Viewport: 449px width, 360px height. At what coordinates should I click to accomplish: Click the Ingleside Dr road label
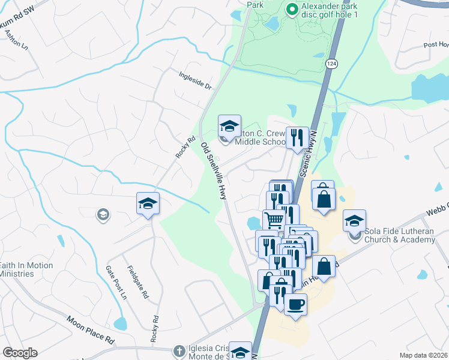tap(196, 80)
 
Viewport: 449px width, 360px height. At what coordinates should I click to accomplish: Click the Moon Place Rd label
tap(90, 330)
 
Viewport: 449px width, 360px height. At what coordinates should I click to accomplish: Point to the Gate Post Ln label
tap(116, 283)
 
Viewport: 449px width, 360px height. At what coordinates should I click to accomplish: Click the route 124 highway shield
tap(331, 63)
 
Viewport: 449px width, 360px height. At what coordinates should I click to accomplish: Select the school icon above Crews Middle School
tap(229, 127)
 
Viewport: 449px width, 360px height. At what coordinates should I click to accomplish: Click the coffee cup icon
tap(295, 305)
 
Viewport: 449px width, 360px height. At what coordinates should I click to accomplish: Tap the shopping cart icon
tap(274, 220)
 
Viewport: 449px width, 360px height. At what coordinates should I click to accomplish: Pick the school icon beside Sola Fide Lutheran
tap(355, 221)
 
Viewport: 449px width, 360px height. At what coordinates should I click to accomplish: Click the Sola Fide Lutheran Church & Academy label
tap(399, 236)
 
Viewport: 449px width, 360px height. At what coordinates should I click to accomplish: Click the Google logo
tap(20, 353)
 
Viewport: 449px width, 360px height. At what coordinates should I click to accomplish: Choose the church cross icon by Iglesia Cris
tap(178, 350)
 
